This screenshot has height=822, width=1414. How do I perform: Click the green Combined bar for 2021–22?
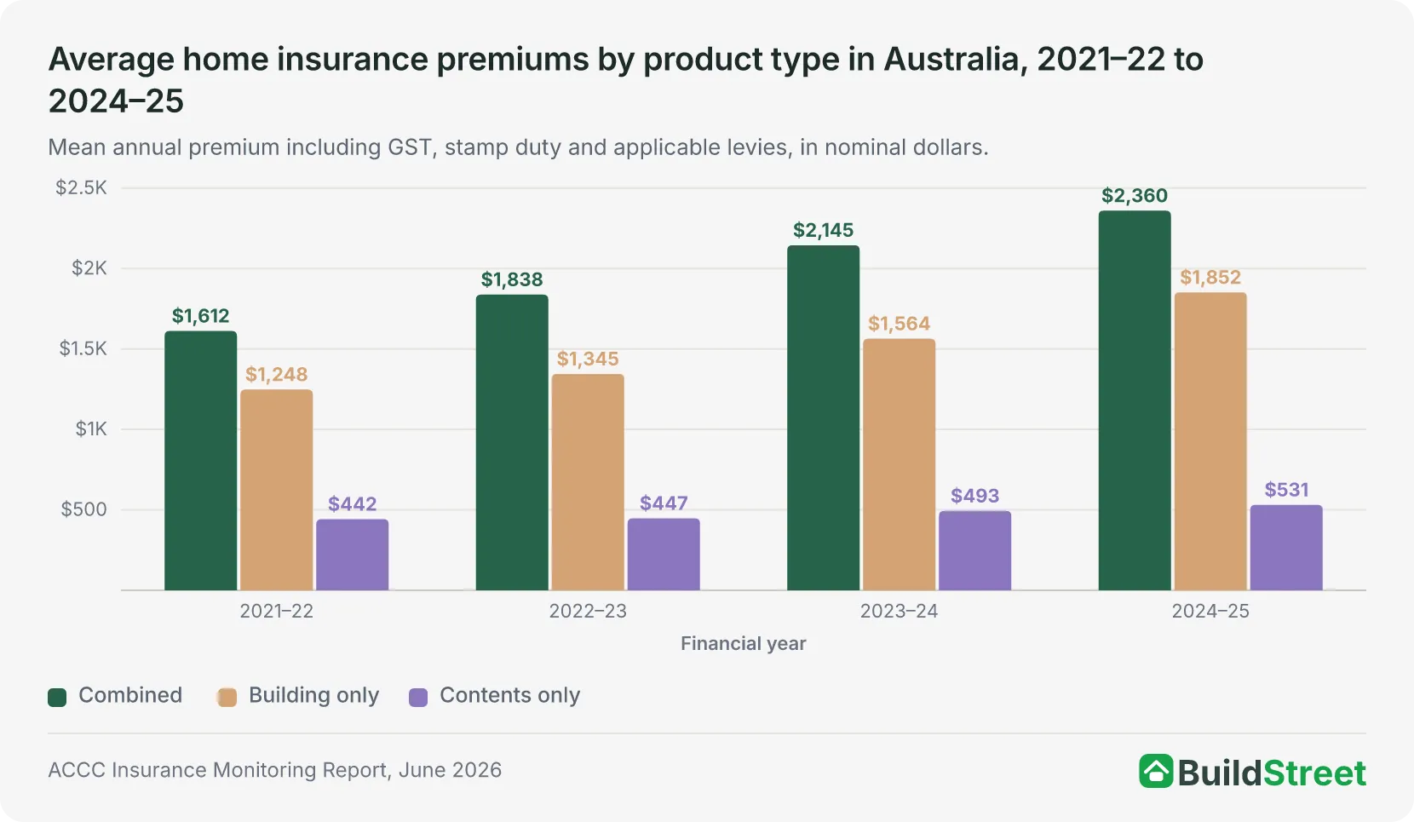[x=201, y=461]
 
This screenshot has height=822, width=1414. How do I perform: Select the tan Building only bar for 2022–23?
[x=588, y=482]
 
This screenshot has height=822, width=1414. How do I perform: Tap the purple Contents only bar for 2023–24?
[x=974, y=550]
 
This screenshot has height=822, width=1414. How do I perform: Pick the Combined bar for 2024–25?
[x=1135, y=400]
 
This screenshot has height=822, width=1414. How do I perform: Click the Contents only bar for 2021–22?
[x=353, y=555]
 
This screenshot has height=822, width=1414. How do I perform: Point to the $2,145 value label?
[x=823, y=231]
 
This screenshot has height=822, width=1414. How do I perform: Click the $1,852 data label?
[x=1210, y=277]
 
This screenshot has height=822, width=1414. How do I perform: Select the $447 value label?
[x=664, y=503]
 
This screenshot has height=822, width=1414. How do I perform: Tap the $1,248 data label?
[x=277, y=375]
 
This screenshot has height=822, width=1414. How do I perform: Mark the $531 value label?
[x=1286, y=490]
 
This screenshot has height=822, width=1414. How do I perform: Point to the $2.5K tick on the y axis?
[x=82, y=187]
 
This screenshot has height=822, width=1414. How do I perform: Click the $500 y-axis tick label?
[x=84, y=509]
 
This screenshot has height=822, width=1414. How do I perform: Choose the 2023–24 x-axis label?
[x=899, y=611]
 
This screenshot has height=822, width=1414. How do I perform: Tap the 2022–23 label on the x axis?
[x=588, y=611]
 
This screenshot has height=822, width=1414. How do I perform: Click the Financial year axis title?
[x=743, y=643]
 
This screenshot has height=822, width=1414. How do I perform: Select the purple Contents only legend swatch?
[x=418, y=697]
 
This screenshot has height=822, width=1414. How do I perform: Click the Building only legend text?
[x=313, y=695]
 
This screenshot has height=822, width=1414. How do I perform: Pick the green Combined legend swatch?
[x=57, y=697]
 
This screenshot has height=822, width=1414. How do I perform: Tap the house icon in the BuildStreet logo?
[x=1156, y=771]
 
